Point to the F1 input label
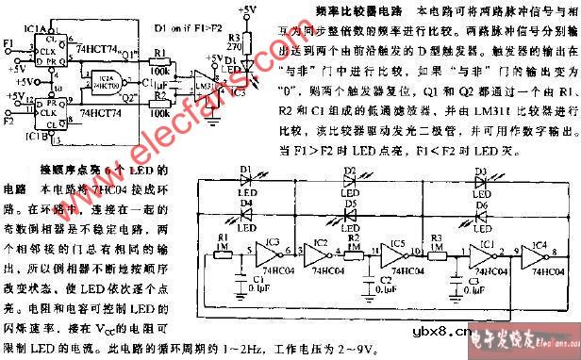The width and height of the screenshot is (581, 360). click(9, 43)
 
